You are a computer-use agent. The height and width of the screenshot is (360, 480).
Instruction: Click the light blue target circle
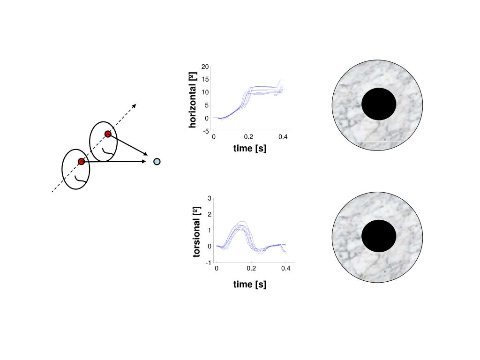pyautogui.click(x=157, y=162)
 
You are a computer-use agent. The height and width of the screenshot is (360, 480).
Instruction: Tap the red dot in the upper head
pyautogui.click(x=108, y=134)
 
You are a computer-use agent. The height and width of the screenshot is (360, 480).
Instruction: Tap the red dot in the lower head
pyautogui.click(x=81, y=161)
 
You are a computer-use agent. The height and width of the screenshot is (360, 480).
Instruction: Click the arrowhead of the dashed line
pyautogui.click(x=134, y=105)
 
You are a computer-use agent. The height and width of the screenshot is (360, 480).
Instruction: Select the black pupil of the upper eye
pyautogui.click(x=379, y=104)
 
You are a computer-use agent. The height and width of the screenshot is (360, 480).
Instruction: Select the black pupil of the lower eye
pyautogui.click(x=379, y=236)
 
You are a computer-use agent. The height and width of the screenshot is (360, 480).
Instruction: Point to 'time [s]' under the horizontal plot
pyautogui.click(x=250, y=149)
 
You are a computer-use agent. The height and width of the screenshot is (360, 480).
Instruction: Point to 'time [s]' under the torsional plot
pyautogui.click(x=250, y=284)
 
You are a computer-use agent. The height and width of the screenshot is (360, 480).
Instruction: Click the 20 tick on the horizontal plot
pyautogui.click(x=205, y=67)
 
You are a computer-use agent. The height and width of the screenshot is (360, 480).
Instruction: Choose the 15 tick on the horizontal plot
pyautogui.click(x=205, y=80)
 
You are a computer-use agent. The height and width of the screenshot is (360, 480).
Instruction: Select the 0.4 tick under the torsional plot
pyautogui.click(x=286, y=269)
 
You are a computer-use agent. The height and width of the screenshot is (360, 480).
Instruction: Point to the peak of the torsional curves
pyautogui.click(x=241, y=225)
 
